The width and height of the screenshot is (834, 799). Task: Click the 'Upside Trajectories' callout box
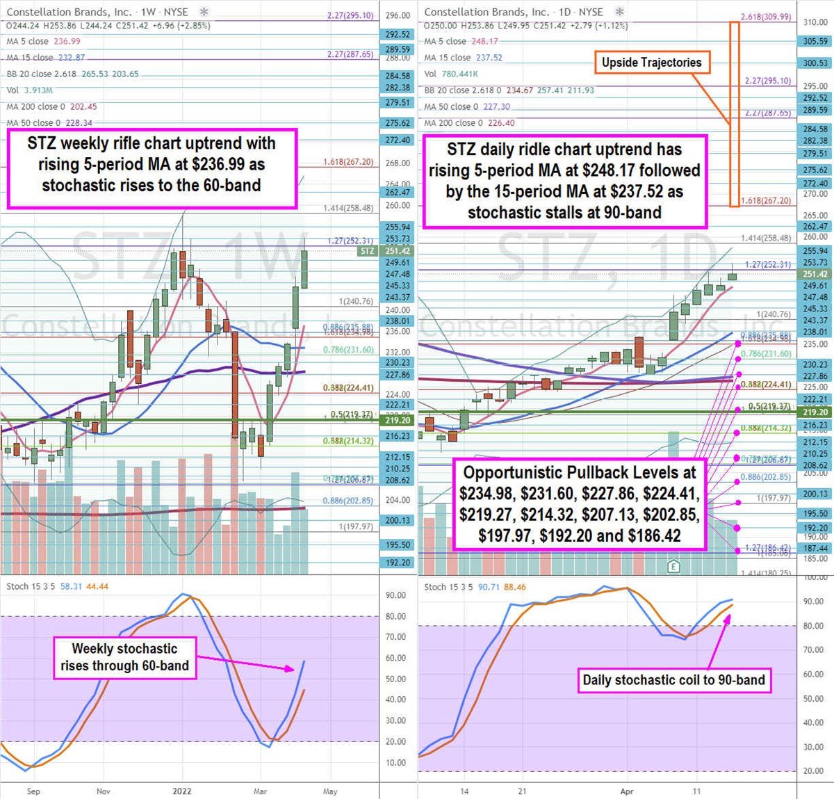pos(651,63)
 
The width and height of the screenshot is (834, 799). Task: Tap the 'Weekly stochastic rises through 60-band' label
pos(124,657)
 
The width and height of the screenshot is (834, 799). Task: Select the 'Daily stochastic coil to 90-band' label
pos(673,680)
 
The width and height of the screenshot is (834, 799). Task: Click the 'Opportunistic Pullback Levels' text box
pos(579,504)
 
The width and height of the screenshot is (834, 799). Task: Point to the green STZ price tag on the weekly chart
pos(367,251)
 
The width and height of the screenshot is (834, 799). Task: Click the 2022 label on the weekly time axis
pos(182,791)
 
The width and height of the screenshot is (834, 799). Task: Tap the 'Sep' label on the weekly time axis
pos(33,791)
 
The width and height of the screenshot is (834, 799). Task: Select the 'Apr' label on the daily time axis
pos(627,791)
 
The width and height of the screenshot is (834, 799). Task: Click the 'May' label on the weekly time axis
pos(330,791)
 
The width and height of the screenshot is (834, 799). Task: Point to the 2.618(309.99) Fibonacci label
pos(765,17)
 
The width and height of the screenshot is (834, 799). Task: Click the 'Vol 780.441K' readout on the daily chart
pos(451,74)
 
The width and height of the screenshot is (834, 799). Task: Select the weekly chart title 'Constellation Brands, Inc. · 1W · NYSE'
pos(97,12)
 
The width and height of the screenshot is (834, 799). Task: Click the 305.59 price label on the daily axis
pos(815,41)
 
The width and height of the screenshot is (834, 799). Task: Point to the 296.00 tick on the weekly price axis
pos(398,15)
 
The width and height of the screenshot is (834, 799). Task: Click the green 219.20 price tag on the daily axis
pos(815,412)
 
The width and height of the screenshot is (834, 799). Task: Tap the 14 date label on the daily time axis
pos(464,791)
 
